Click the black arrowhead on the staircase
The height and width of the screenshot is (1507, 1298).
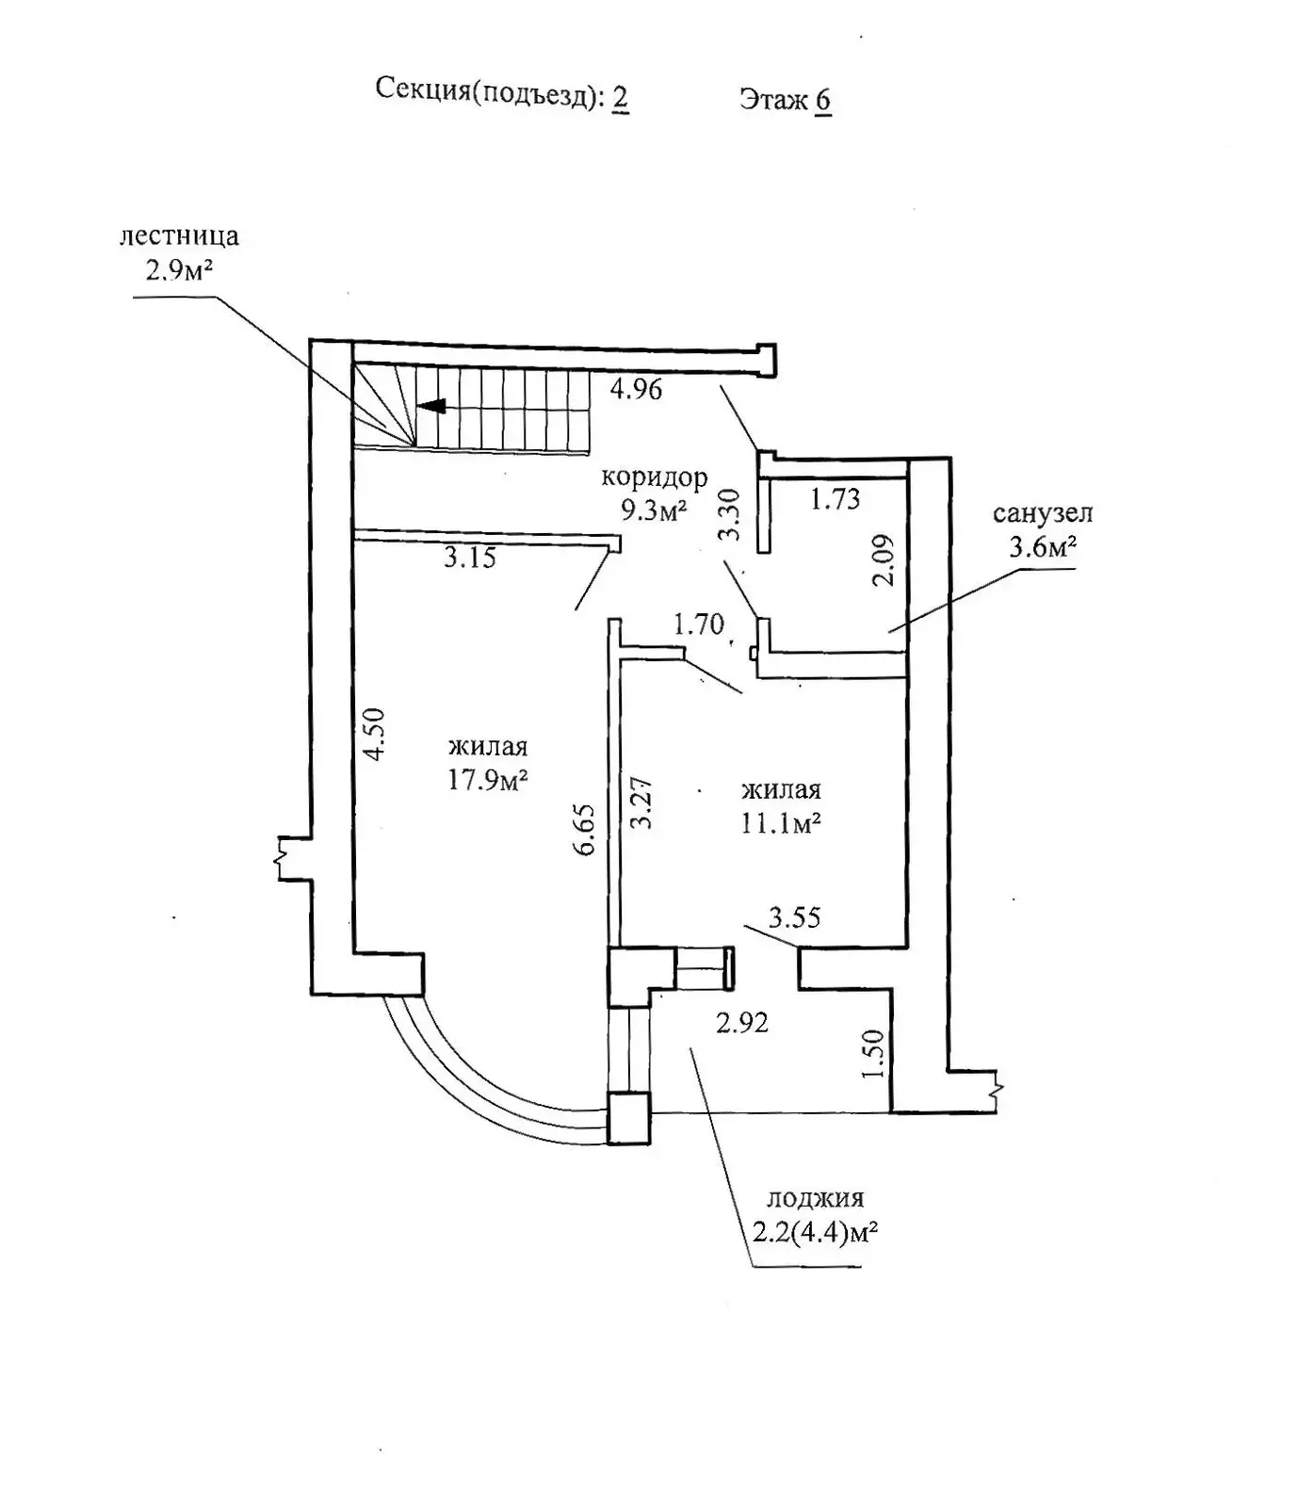click(x=432, y=407)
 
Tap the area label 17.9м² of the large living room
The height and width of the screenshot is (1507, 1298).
click(x=487, y=780)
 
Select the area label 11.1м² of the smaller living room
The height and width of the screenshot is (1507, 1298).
click(x=781, y=823)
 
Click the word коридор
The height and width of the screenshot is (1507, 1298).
click(x=655, y=478)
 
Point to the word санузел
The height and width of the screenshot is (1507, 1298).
click(x=1043, y=513)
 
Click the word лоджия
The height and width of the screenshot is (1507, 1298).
click(x=816, y=1198)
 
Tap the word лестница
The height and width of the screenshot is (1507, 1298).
click(x=179, y=235)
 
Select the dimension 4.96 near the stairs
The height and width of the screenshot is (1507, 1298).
click(x=637, y=388)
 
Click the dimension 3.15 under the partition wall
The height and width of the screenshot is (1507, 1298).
click(x=470, y=558)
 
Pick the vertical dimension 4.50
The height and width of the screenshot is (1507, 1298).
click(x=375, y=735)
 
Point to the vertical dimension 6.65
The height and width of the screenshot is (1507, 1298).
click(x=585, y=829)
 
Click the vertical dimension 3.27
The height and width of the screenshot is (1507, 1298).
click(x=641, y=802)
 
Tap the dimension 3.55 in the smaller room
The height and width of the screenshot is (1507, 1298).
click(x=795, y=916)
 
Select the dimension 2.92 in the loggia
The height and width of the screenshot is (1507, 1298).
click(x=742, y=1022)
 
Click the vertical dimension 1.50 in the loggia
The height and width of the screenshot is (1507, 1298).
click(x=874, y=1055)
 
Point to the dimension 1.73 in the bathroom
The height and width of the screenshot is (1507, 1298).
click(x=836, y=497)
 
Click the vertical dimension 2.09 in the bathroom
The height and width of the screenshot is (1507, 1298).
click(x=884, y=560)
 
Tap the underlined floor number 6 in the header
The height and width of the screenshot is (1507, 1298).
click(x=823, y=101)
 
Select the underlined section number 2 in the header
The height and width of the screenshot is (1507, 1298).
click(x=621, y=97)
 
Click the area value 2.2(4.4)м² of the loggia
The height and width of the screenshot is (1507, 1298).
click(x=816, y=1232)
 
